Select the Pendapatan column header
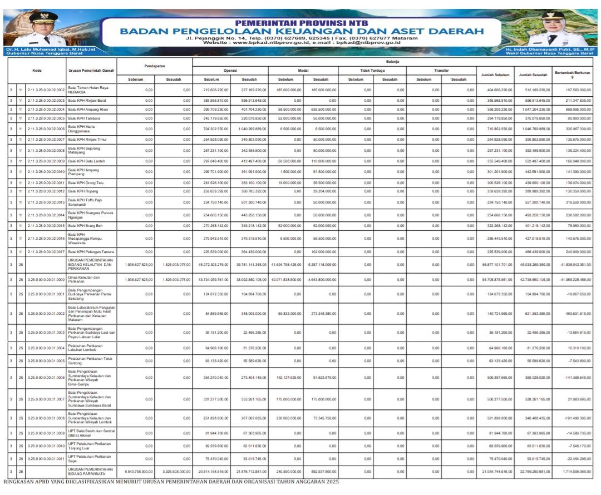pyautogui.click(x=154, y=67)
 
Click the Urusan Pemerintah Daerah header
pyautogui.click(x=91, y=71)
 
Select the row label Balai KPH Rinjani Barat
pyautogui.click(x=87, y=100)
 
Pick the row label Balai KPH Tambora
pyautogui.click(x=85, y=118)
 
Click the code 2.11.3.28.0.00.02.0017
pyautogui.click(x=46, y=251)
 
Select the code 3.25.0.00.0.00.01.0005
pyautogui.click(x=46, y=360)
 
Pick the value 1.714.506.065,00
pyautogui.click(x=577, y=472)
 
